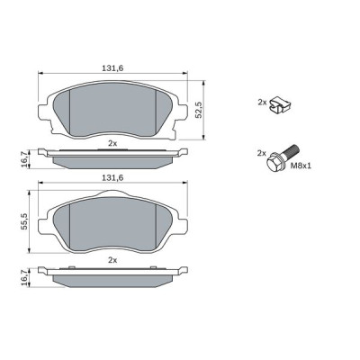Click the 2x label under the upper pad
click(112, 143)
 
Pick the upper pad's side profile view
click(113, 157)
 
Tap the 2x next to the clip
click(262, 103)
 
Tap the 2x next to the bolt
click(262, 153)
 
